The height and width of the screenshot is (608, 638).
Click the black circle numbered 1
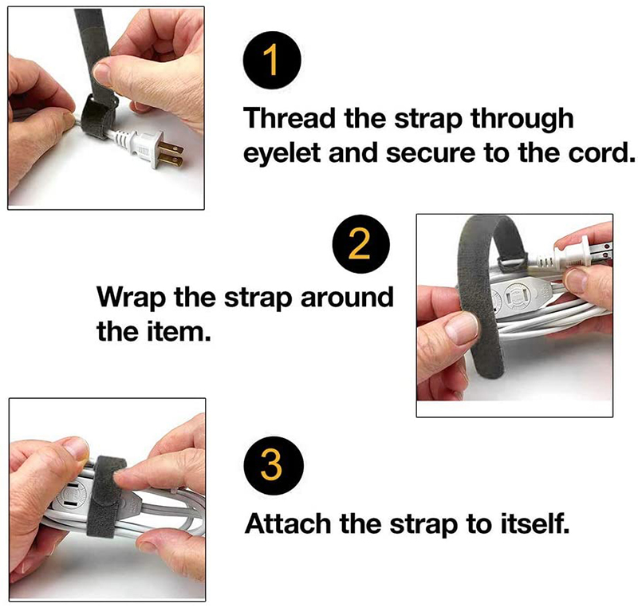click(272, 60)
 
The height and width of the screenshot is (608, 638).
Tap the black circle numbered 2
click(361, 244)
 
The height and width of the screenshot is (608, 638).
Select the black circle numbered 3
click(274, 465)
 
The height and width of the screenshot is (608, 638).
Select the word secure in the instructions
click(431, 154)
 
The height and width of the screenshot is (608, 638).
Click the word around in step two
click(347, 297)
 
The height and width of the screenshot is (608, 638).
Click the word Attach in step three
click(288, 523)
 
